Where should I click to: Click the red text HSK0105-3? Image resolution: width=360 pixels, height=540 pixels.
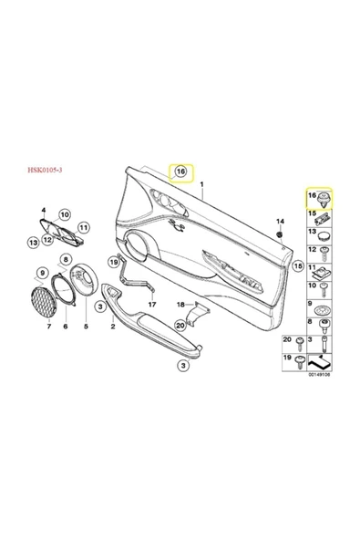pyautogui.click(x=45, y=170)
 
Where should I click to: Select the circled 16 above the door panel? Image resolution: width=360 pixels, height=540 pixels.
pyautogui.click(x=181, y=171)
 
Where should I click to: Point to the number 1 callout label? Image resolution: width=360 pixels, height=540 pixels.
pyautogui.click(x=202, y=184)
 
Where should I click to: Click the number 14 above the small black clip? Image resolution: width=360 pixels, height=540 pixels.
pyautogui.click(x=280, y=221)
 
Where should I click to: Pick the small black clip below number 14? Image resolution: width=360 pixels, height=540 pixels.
pyautogui.click(x=280, y=234)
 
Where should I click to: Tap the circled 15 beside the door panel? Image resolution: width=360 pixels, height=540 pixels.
pyautogui.click(x=298, y=265)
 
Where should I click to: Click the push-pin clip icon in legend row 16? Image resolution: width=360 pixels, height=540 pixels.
pyautogui.click(x=324, y=200)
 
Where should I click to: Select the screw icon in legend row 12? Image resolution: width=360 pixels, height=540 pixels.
pyautogui.click(x=324, y=254)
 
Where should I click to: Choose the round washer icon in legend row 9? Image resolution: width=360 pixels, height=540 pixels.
pyautogui.click(x=324, y=310)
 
